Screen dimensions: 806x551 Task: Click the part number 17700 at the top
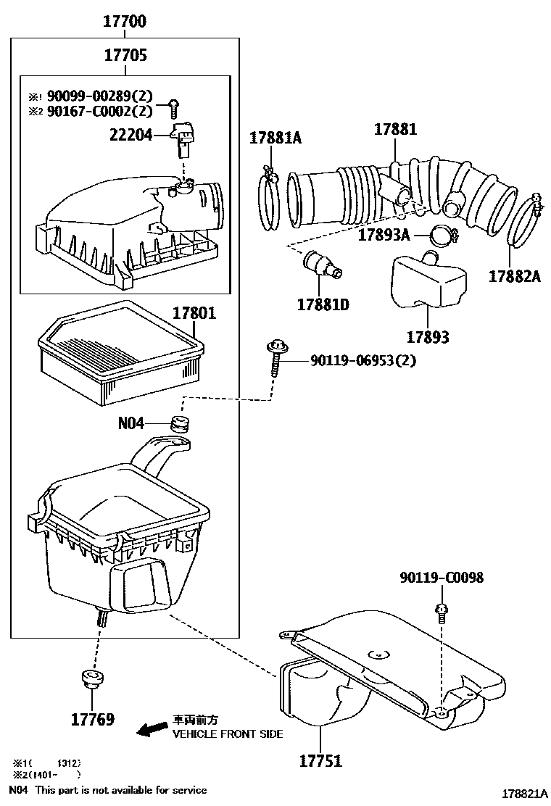(125, 22)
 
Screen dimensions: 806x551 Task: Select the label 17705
(125, 55)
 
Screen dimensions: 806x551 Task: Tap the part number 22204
(130, 134)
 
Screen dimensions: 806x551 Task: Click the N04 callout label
(131, 423)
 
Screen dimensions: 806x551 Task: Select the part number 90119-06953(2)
(363, 360)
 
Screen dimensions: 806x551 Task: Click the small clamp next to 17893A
(439, 235)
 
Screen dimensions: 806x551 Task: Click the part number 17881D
(323, 305)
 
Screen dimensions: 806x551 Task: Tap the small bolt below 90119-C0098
(440, 612)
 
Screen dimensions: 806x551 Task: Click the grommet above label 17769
(92, 678)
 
